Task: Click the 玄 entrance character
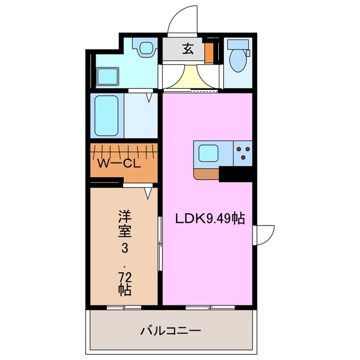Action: pos(188,48)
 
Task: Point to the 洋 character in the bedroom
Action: pos(124,215)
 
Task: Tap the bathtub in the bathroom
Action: pos(106,115)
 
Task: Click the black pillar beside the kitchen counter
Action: pos(235,174)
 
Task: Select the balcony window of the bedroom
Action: pos(124,307)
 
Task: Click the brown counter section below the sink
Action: pos(206,173)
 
